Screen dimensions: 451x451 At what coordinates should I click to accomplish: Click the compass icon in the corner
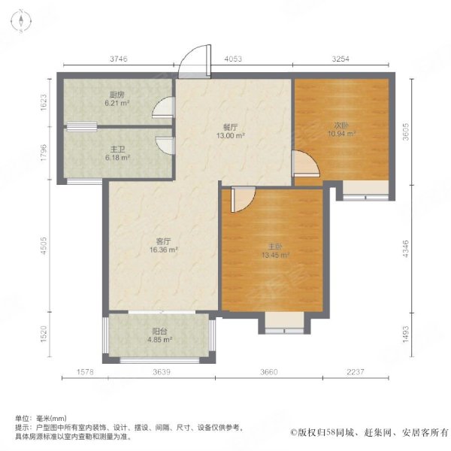coord(21,21)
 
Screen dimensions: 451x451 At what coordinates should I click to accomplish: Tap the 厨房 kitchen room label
coord(117,95)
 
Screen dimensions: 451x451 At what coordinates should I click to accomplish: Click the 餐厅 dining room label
coord(231,127)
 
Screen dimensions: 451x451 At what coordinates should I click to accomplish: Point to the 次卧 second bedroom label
coord(341,126)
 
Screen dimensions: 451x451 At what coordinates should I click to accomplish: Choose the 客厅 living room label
coord(163,241)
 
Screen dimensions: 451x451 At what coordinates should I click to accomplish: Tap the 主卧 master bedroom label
coord(275,247)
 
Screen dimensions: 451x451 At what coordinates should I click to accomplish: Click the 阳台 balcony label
coord(159,331)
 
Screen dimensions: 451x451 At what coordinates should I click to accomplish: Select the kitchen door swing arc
coord(164,107)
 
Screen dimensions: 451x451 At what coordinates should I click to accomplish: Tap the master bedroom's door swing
coord(243,199)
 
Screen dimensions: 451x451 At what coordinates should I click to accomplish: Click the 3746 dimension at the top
coord(119,59)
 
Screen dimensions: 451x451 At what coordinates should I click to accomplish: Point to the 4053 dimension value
coord(233,59)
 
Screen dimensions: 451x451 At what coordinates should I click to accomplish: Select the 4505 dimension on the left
coord(44,246)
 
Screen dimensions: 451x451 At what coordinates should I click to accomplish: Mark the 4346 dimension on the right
coord(405,249)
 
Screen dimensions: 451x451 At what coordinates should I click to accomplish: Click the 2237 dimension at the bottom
coord(356,372)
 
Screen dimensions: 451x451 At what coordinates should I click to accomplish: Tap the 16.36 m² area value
coord(163,250)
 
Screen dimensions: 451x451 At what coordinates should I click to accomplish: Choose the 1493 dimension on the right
coord(405,334)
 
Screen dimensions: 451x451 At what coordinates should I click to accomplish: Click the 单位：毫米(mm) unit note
coord(41,418)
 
